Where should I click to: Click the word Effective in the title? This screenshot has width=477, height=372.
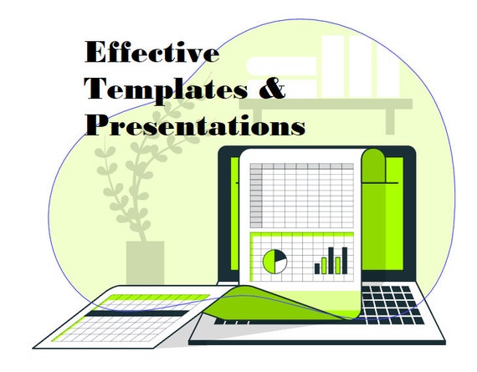click(x=152, y=52)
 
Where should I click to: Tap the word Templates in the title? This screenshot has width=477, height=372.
click(x=166, y=89)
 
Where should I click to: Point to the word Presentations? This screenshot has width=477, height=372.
click(x=195, y=125)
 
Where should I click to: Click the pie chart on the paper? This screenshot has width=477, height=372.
click(x=274, y=262)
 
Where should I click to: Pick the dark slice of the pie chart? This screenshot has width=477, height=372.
click(x=280, y=256)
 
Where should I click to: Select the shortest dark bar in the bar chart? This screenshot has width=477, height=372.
click(x=317, y=268)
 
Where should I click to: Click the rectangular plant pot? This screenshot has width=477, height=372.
click(x=145, y=262)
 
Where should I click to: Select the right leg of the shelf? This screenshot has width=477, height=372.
click(x=390, y=121)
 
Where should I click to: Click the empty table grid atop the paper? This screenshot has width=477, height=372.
click(x=302, y=196)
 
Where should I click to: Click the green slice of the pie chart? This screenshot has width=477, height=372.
click(x=269, y=262)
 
